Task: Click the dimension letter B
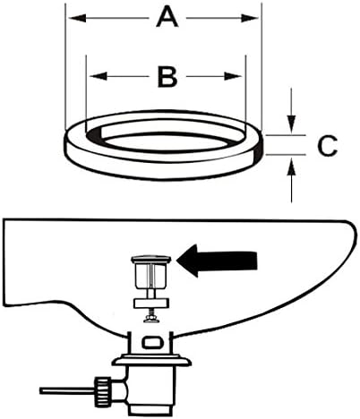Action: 167,77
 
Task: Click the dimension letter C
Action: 327,146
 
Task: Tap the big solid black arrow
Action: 217,261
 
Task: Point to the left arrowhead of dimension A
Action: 78,18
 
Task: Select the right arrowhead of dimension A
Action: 250,18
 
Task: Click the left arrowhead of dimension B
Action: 99,76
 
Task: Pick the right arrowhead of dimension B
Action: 233,76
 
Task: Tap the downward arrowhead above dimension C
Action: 291,124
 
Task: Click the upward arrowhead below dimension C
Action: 291,167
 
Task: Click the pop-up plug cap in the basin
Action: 151,259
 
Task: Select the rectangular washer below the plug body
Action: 151,304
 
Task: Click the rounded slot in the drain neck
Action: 152,342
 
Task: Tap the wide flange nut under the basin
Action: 151,360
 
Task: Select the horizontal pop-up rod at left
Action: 67,390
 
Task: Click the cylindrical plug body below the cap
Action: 151,276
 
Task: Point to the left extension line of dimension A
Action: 65,66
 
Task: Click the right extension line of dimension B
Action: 245,89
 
